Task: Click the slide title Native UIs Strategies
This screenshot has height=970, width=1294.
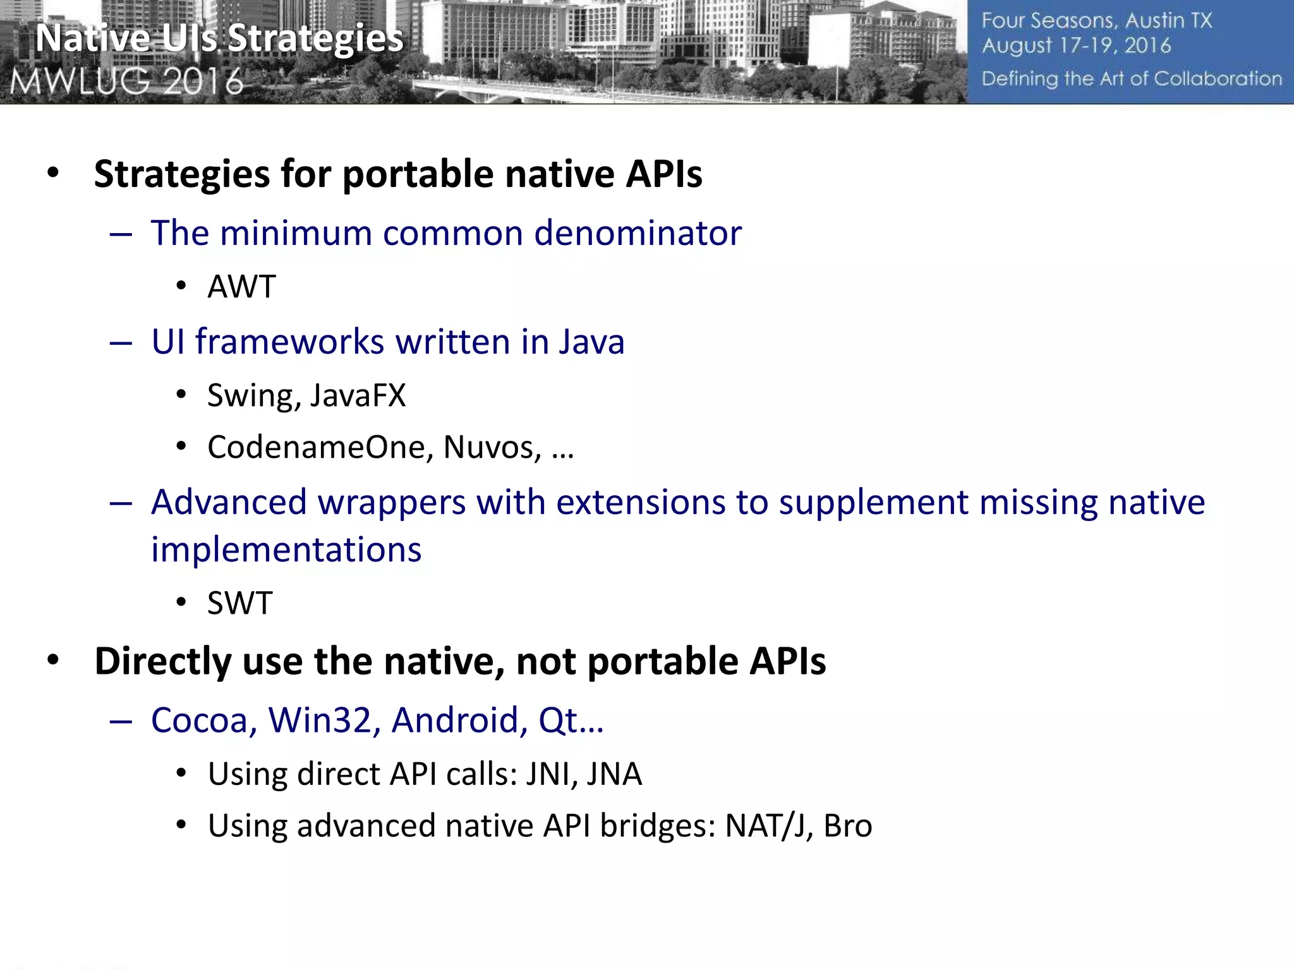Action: click(219, 39)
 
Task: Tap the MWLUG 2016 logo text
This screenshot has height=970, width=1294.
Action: click(126, 81)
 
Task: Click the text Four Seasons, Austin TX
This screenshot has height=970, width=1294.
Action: click(1096, 21)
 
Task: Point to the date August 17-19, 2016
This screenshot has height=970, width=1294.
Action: click(1076, 46)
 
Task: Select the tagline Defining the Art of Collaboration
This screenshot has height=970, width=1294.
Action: click(1132, 79)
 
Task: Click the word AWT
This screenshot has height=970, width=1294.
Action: click(241, 287)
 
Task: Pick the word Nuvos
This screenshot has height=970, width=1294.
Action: click(492, 447)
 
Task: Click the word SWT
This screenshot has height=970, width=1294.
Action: click(240, 603)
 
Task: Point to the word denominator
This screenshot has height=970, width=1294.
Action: click(638, 233)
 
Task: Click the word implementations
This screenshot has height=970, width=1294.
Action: click(286, 549)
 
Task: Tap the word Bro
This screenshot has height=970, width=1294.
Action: click(848, 826)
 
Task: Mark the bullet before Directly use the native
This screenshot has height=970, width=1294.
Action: click(53, 661)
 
